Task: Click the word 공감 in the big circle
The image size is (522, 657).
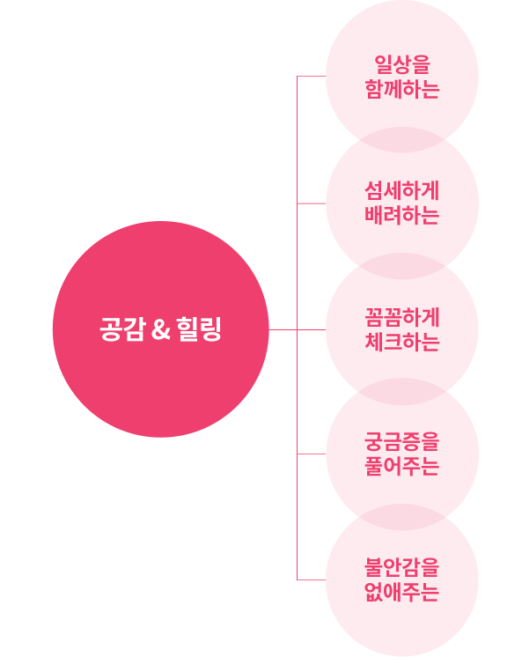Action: pyautogui.click(x=122, y=329)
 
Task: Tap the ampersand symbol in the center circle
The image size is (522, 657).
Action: pyautogui.click(x=161, y=329)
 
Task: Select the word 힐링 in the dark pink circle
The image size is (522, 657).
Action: pyautogui.click(x=199, y=329)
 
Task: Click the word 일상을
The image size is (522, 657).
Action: pyautogui.click(x=402, y=65)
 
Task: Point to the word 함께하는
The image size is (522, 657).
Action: pyautogui.click(x=402, y=89)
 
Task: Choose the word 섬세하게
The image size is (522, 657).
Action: pyautogui.click(x=402, y=191)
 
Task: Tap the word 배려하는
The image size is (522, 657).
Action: pyautogui.click(x=402, y=216)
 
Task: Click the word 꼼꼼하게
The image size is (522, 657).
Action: pyautogui.click(x=402, y=318)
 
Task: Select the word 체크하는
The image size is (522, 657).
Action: pyautogui.click(x=402, y=342)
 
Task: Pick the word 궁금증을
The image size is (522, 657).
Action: pyautogui.click(x=402, y=442)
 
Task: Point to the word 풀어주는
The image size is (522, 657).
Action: pyautogui.click(x=402, y=466)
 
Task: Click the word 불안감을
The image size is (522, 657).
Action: pyautogui.click(x=402, y=568)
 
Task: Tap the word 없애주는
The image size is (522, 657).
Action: pyautogui.click(x=402, y=592)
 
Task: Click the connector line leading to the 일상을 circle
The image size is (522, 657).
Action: pyautogui.click(x=312, y=77)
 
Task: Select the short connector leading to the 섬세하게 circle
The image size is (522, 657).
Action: pyautogui.click(x=312, y=203)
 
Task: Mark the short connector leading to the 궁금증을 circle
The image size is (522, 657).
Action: pyautogui.click(x=312, y=454)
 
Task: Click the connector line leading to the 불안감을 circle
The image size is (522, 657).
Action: pyautogui.click(x=312, y=579)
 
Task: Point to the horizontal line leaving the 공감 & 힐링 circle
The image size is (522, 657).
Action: pyautogui.click(x=297, y=329)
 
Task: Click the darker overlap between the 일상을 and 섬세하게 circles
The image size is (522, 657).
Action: pyautogui.click(x=402, y=139)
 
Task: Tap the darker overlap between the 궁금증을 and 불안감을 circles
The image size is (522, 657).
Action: pyautogui.click(x=402, y=517)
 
